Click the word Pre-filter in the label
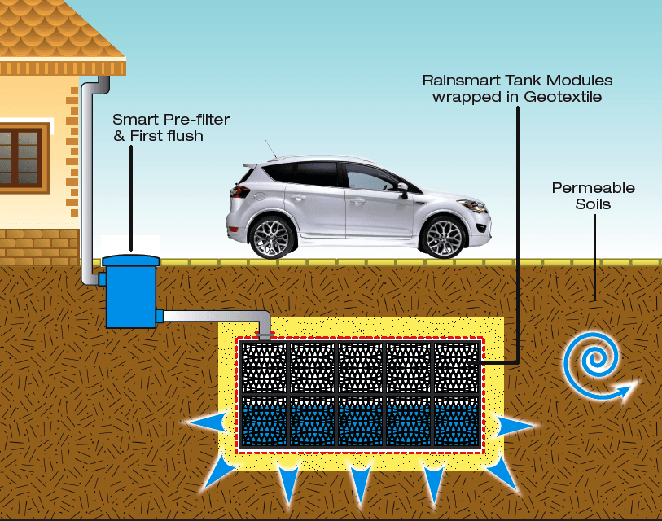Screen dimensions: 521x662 (x=199, y=120)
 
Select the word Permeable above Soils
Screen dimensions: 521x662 (x=593, y=188)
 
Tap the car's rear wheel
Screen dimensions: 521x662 (x=272, y=237)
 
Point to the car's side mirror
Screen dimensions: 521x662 (x=402, y=189)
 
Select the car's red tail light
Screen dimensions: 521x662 (x=239, y=192)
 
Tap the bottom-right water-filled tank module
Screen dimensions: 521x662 (x=456, y=419)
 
